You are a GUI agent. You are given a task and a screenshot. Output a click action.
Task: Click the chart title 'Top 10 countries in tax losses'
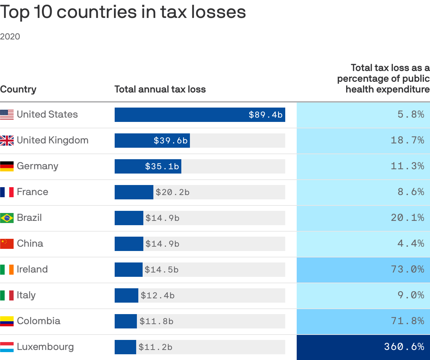123,12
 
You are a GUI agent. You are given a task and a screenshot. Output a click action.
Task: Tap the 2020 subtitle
10,37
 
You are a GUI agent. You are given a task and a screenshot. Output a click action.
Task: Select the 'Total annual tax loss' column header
160,89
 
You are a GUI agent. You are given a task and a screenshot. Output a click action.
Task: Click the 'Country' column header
18,89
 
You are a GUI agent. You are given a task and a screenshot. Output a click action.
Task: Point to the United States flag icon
7,115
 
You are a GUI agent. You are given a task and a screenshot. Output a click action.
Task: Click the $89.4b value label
266,115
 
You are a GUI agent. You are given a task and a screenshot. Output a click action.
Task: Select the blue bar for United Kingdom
152,141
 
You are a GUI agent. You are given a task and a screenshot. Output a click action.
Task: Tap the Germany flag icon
7,166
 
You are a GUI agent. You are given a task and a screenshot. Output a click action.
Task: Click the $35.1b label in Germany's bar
162,166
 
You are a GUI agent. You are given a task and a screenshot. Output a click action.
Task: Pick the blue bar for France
134,192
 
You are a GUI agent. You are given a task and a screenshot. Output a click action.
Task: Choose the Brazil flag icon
7,218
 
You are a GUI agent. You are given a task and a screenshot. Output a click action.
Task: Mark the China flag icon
7,244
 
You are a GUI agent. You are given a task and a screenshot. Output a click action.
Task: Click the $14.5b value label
161,270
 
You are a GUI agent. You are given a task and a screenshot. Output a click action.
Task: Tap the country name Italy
26,295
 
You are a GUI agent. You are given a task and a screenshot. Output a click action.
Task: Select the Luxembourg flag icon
7,347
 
